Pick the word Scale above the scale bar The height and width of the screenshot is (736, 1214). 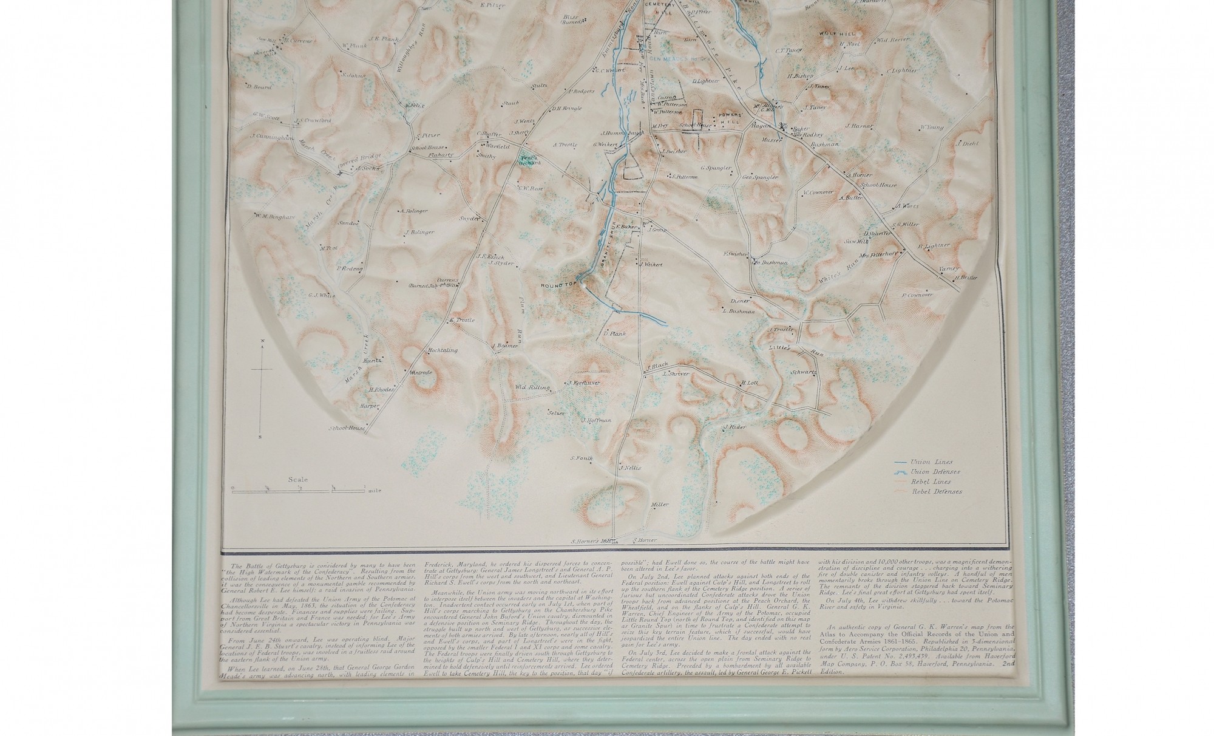297,480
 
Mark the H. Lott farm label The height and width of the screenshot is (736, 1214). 750,383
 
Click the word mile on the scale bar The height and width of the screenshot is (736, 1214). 375,490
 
